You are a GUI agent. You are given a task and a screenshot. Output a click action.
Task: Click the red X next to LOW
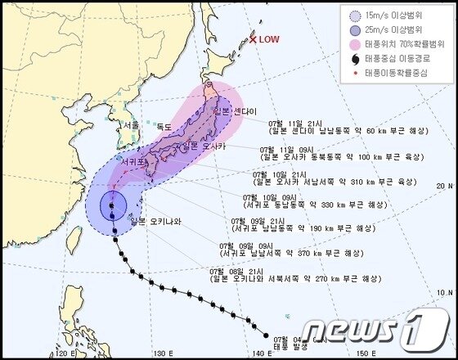tap(254, 38)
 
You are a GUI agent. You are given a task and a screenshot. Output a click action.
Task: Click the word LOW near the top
tap(268, 39)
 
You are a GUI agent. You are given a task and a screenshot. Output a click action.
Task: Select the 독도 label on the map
tap(164, 126)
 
